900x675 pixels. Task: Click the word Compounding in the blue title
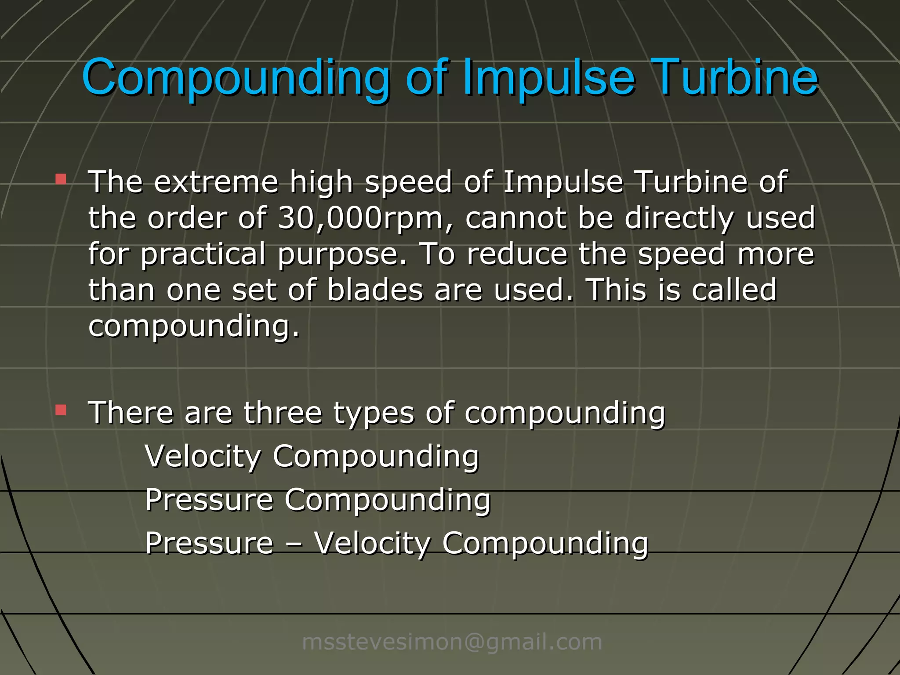click(236, 78)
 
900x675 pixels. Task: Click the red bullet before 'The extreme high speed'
click(61, 179)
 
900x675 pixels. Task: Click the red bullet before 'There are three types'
click(61, 410)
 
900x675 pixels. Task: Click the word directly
click(679, 218)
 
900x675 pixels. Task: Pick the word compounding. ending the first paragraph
click(193, 327)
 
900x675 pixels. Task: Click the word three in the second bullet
click(283, 413)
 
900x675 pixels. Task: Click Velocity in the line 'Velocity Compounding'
click(203, 457)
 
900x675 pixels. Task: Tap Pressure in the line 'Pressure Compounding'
click(209, 500)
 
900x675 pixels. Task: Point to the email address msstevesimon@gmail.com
click(452, 642)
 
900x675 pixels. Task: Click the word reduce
click(517, 254)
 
